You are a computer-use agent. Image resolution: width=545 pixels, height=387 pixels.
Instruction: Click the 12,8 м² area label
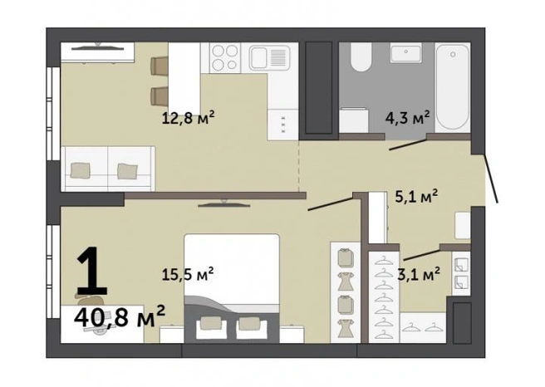[x=188, y=118]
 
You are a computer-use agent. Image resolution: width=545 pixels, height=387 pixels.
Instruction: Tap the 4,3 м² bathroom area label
[x=407, y=118]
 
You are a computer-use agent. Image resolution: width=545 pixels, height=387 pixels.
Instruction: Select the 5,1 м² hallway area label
[x=416, y=197]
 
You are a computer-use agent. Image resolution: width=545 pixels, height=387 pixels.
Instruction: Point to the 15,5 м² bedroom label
[x=188, y=274]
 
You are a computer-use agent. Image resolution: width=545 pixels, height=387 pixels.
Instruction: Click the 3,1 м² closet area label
[x=419, y=275]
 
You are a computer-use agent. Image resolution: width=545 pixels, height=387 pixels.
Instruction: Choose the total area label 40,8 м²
[x=120, y=317]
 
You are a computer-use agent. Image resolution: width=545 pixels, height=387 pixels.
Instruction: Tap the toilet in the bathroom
[x=361, y=57]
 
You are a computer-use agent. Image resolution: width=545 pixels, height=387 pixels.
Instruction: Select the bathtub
[x=452, y=87]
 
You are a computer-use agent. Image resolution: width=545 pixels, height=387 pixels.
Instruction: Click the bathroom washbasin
[x=405, y=53]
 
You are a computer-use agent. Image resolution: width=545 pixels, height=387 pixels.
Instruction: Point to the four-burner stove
[x=225, y=57]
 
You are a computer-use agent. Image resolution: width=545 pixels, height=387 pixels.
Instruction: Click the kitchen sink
[x=270, y=57]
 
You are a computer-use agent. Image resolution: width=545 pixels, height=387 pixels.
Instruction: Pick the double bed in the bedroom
[x=232, y=288]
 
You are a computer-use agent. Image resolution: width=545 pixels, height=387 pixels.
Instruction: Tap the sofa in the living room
[x=108, y=169]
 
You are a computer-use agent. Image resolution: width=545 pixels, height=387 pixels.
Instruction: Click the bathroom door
[x=407, y=145]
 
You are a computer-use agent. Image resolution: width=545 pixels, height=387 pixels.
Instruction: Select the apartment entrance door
[x=491, y=178]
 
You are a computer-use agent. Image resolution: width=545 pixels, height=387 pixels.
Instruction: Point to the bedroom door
[x=330, y=204]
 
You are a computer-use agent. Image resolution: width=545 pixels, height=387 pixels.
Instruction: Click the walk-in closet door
[x=421, y=255]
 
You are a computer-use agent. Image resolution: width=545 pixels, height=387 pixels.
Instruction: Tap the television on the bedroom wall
[x=224, y=204]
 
